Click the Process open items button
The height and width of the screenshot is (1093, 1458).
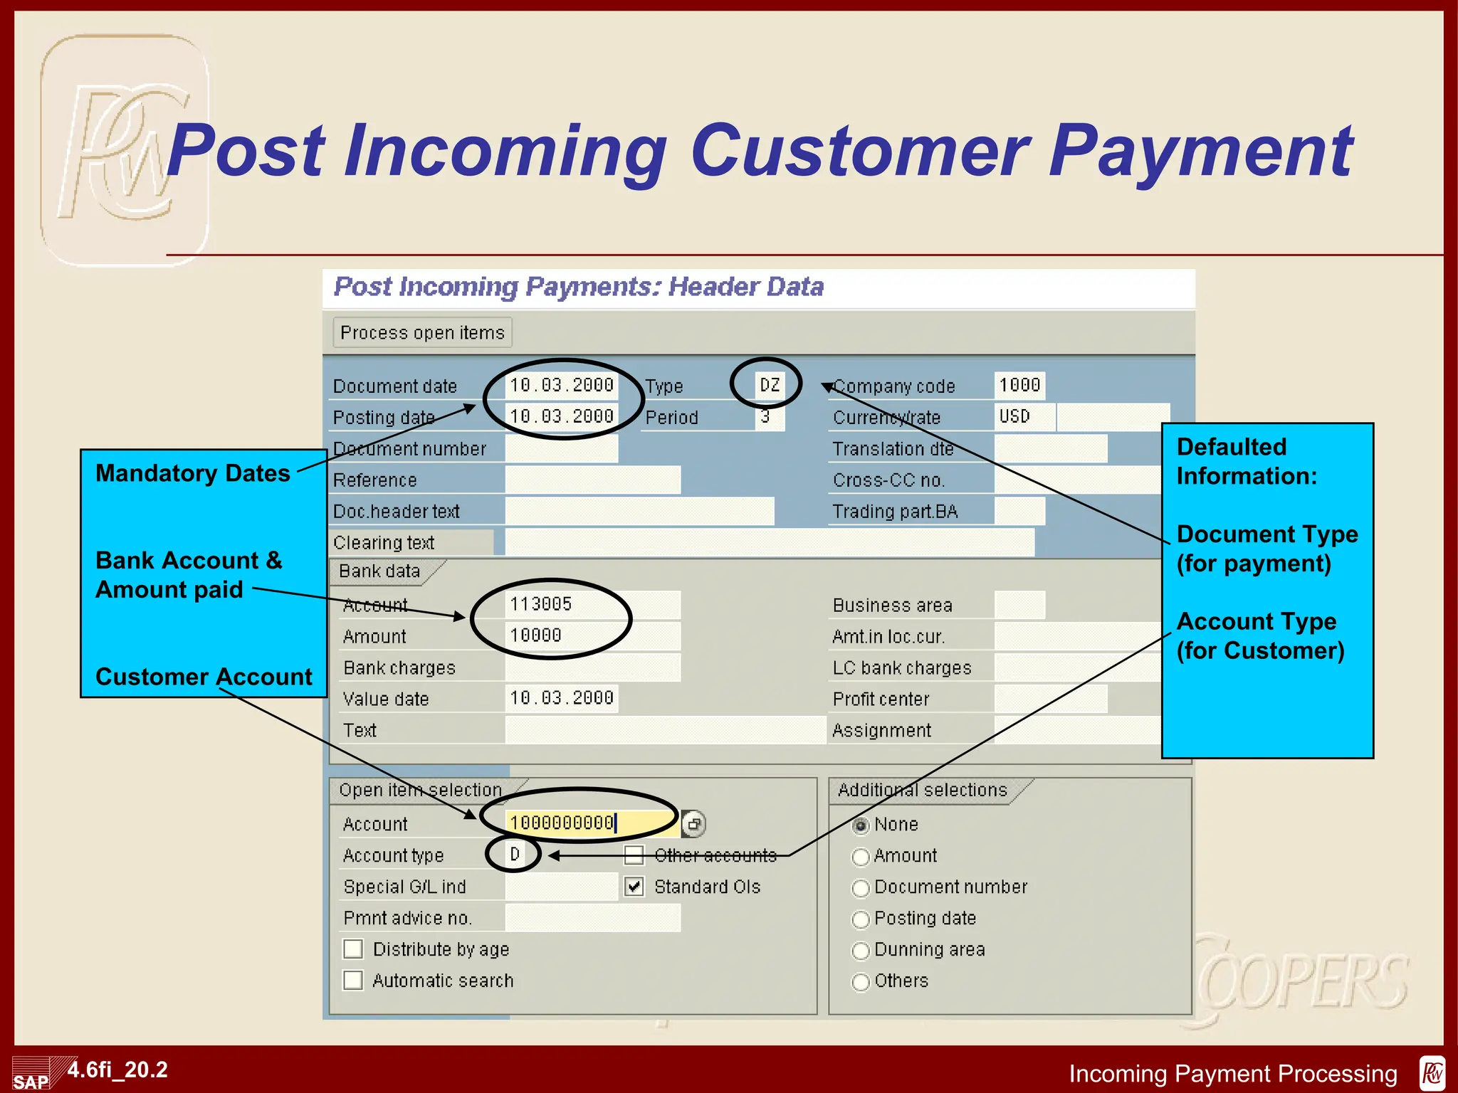[422, 332]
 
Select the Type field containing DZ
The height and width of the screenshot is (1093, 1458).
[770, 386]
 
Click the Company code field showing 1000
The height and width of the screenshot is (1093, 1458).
[1019, 386]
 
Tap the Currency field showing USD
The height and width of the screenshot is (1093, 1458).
[1024, 417]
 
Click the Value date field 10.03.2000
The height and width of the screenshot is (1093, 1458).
[562, 698]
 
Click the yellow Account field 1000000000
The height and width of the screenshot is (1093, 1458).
[591, 823]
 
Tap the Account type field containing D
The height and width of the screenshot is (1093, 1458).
[515, 855]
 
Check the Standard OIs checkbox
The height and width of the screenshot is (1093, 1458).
[634, 887]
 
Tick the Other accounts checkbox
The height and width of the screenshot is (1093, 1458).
[634, 855]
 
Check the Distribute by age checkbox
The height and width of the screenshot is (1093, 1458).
[353, 949]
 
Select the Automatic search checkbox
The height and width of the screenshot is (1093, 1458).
[353, 981]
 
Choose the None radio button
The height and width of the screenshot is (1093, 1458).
[861, 825]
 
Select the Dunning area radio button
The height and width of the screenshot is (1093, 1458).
[861, 951]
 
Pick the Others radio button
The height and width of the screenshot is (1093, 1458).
[861, 982]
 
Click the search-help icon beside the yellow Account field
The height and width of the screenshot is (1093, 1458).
[693, 824]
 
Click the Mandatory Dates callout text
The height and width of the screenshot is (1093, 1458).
[193, 473]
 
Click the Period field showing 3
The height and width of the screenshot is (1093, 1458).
[769, 417]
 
